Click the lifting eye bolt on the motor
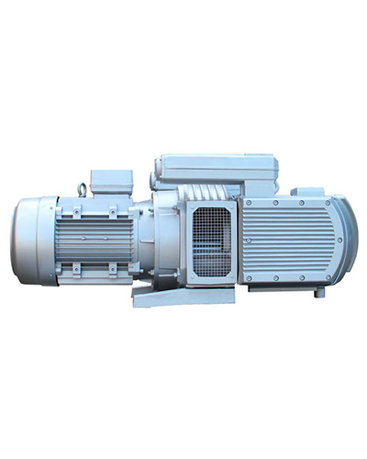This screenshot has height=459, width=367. [85, 191]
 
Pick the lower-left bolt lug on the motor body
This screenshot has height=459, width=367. [77, 267]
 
